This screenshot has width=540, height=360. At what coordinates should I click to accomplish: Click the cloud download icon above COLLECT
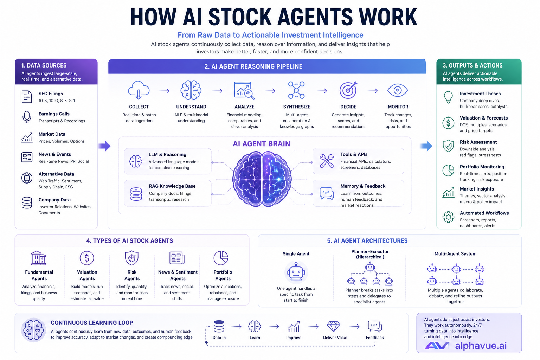[139, 90]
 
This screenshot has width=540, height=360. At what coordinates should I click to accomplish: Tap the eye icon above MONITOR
[398, 90]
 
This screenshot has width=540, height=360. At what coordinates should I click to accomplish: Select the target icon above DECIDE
[348, 90]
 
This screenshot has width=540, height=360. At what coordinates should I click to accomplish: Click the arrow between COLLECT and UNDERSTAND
[165, 91]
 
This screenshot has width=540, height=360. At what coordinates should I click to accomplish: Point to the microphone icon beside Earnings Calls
[27, 117]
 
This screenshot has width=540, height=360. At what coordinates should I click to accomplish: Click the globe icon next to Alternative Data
[27, 178]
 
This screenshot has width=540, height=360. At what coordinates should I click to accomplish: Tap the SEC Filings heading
[51, 94]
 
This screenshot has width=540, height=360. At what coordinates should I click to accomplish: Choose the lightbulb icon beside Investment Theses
[448, 97]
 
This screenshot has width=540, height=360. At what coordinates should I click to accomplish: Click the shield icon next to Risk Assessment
[448, 146]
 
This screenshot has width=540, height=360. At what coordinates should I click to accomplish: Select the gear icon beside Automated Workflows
[448, 217]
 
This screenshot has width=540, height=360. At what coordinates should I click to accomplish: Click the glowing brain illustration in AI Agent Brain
[262, 179]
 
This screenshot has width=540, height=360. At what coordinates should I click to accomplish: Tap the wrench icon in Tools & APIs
[327, 161]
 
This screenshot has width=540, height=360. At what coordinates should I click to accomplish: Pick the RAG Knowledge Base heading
[172, 186]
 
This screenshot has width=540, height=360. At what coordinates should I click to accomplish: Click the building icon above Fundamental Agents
[39, 258]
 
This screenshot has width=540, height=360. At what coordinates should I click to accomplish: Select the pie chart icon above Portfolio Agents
[221, 258]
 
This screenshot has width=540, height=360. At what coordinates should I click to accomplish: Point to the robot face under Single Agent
[296, 271]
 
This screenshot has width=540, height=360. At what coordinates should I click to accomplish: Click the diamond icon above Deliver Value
[333, 326]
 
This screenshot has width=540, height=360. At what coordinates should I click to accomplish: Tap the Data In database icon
[219, 326]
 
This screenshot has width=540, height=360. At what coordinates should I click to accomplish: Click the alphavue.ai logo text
[481, 346]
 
